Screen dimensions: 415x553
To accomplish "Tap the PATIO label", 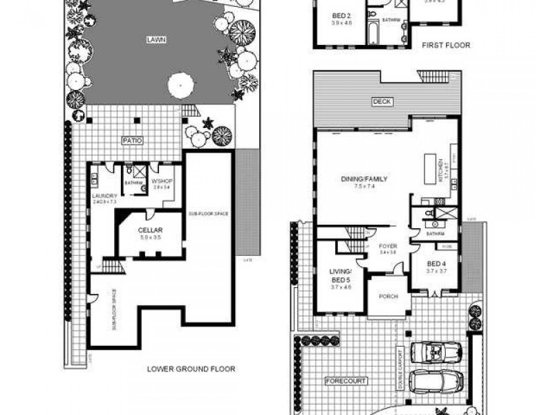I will coord(133,140).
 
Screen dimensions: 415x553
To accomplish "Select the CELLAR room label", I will coord(150,230).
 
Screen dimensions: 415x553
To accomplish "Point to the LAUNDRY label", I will coord(105,195).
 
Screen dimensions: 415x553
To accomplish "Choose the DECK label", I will coord(382,102).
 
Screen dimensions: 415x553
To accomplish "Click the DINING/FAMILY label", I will coord(364,179).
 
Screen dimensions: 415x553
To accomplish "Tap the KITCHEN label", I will coord(440,171).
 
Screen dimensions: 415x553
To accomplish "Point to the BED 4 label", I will coord(435,264).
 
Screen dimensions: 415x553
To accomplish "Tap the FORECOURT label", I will coord(346,381).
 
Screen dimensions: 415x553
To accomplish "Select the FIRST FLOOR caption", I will coord(446,46).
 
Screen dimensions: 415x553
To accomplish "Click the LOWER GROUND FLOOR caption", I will coord(191,369).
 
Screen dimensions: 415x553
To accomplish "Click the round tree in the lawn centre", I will coord(180,85).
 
